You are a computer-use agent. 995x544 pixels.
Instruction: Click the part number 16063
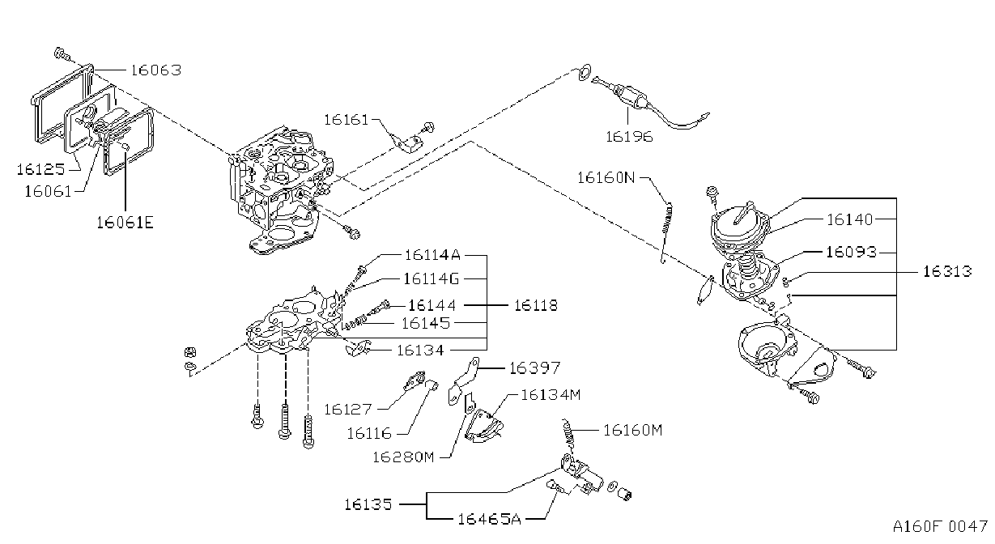[x=156, y=70]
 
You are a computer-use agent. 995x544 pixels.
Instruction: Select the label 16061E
[x=125, y=222]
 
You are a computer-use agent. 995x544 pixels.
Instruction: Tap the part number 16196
[x=629, y=137]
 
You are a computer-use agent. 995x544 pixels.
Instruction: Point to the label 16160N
[x=606, y=178]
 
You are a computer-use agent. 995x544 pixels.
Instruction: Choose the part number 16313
[x=947, y=271]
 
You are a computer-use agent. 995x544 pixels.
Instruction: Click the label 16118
[x=535, y=305]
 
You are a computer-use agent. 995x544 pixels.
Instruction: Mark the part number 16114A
[x=432, y=255]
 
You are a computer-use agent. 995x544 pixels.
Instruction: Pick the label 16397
[x=534, y=368]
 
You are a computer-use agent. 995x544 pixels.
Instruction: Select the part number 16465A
[x=489, y=519]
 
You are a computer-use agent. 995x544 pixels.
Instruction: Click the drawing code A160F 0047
[x=940, y=527]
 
